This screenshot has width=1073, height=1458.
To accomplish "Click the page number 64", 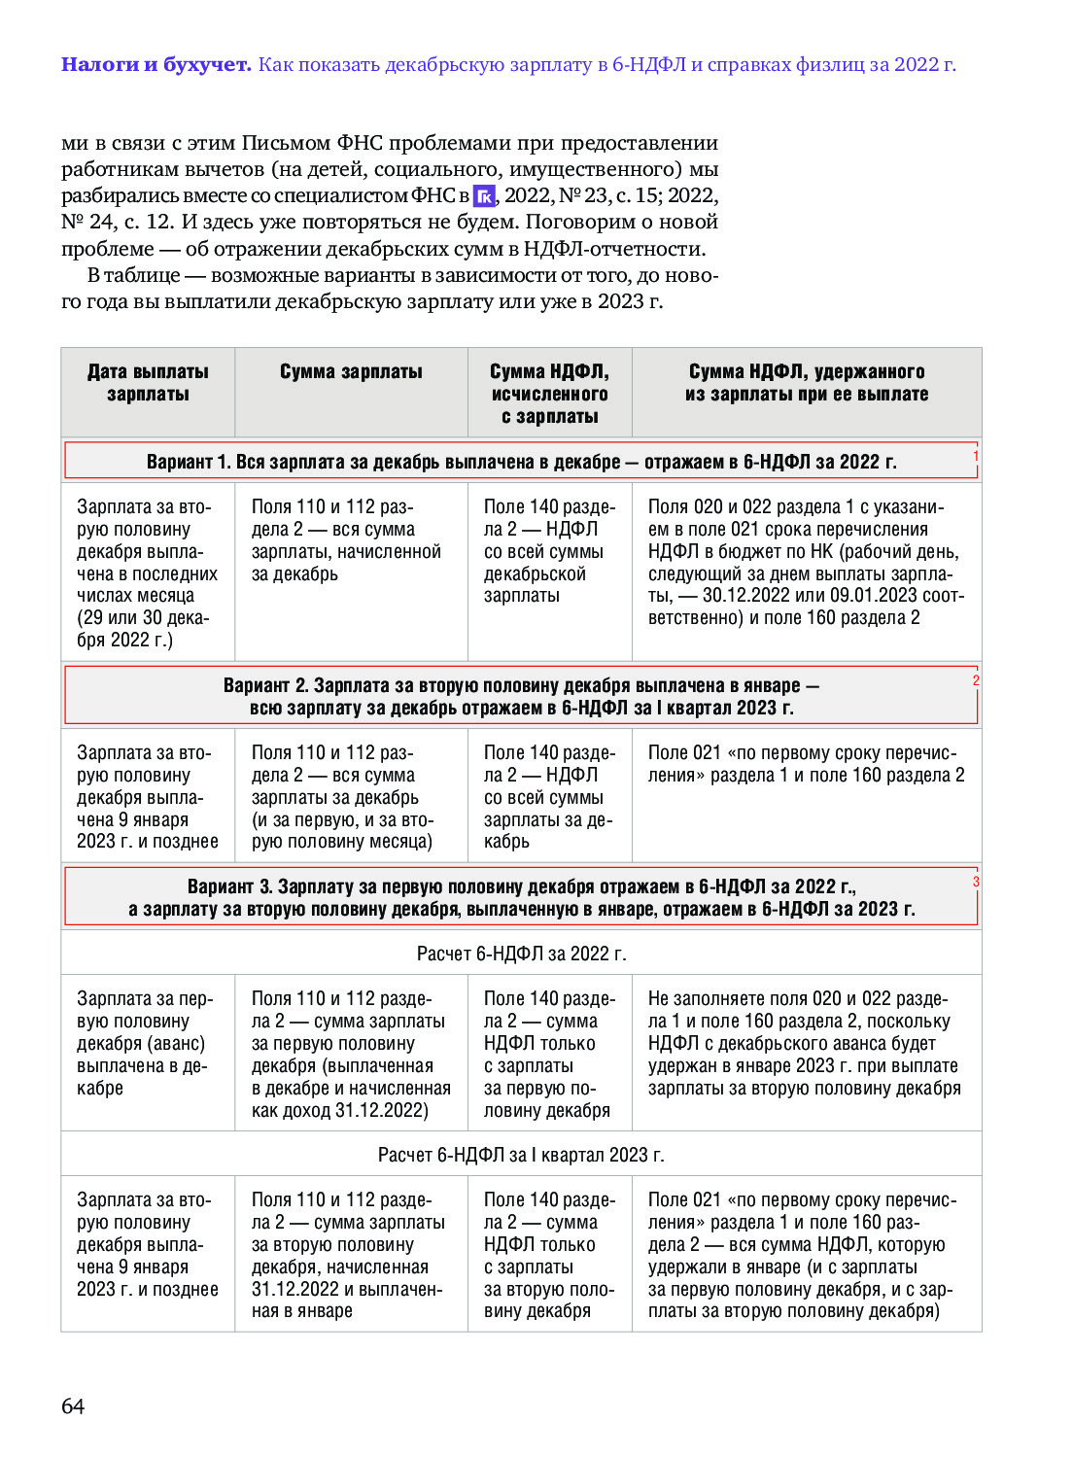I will pos(73,1406).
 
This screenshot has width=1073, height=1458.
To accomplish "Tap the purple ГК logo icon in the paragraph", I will pos(484,195).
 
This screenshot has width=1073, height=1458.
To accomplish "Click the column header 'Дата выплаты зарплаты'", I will pos(148,383).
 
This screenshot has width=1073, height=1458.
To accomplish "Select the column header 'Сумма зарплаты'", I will pos(351,372).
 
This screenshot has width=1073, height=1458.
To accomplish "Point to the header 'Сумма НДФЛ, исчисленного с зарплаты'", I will pos(549,394).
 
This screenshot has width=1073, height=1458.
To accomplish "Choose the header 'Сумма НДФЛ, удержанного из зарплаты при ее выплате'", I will pos(807,383).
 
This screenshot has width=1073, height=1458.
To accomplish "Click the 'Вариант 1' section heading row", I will pos(521,462).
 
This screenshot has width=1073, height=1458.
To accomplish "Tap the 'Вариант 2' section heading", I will pos(521,697).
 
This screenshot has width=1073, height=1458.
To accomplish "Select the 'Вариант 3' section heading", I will pos(521,898).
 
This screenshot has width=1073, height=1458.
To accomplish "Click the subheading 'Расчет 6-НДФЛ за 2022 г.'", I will pos(521,954).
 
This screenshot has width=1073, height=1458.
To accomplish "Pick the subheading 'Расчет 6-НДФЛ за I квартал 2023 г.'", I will pos(521,1155).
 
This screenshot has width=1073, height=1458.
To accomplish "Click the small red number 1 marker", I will pos(976,456).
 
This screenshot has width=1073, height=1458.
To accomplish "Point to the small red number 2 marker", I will pos(976,680).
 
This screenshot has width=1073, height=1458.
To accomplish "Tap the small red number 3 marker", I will pos(976,882).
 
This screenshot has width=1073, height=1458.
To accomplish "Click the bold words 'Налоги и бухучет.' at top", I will pos(156,64).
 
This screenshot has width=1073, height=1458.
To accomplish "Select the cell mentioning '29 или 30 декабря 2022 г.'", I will pos(147,573).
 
